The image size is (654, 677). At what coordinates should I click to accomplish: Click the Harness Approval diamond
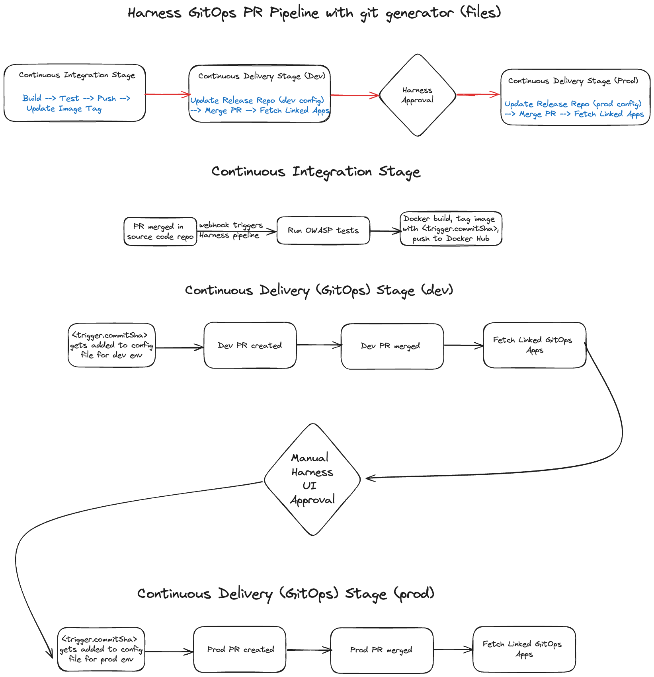point(417,95)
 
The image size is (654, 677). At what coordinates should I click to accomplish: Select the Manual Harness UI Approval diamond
point(312,479)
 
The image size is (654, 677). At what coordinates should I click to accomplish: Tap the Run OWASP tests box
point(323,230)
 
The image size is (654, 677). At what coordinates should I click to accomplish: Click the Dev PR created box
point(250,345)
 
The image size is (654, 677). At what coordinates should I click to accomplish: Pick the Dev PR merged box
point(392,346)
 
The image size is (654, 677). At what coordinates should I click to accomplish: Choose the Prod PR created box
point(240,650)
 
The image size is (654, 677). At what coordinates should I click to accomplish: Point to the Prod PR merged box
point(381,650)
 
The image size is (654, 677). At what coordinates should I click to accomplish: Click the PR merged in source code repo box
point(160,232)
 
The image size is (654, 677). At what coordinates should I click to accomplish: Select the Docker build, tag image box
point(451,229)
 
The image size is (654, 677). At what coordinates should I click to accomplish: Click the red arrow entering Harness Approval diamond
point(354,95)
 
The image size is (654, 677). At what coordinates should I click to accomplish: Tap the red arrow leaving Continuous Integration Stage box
point(167,94)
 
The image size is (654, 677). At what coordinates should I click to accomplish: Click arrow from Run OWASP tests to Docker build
point(385,231)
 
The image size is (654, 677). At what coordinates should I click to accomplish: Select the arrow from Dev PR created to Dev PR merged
point(318,345)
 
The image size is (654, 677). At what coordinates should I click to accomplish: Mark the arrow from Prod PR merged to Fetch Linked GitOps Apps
point(453,650)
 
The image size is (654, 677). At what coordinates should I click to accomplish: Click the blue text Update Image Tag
point(64,109)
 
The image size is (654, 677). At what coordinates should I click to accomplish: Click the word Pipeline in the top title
point(294,13)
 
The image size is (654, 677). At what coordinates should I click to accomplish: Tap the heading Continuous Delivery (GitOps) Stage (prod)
point(285,593)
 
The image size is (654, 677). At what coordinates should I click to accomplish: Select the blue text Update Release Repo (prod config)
point(573,104)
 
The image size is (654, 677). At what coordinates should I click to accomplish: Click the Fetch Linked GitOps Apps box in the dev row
point(534,345)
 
